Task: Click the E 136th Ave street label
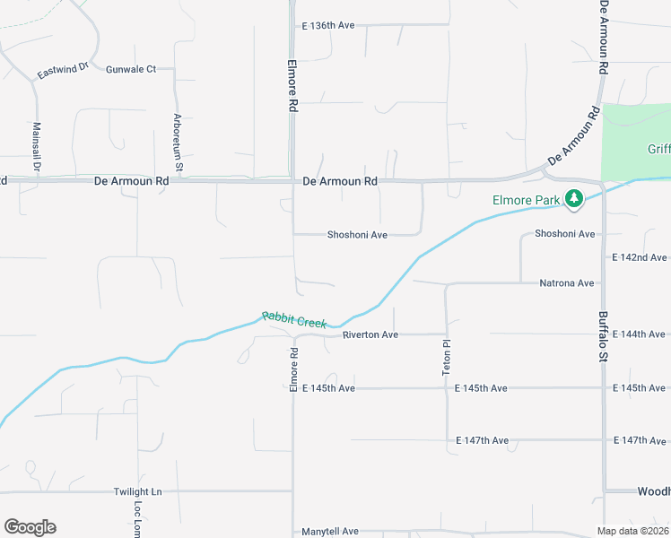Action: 329,26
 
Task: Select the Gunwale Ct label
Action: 131,69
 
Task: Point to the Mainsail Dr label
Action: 37,147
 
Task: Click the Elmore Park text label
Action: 526,200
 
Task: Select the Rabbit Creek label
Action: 294,320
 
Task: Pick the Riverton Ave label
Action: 370,334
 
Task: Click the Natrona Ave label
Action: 567,283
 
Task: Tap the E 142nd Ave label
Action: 640,257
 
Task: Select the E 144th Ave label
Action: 640,334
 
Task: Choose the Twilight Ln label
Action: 137,491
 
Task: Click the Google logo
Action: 30,527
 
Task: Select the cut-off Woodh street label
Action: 653,491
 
